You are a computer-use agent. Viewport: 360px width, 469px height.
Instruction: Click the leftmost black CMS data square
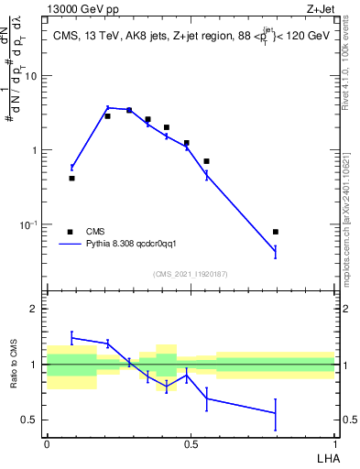pyautogui.click(x=71, y=178)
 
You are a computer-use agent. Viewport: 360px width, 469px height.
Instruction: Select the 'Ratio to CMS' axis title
pyautogui.click(x=15, y=365)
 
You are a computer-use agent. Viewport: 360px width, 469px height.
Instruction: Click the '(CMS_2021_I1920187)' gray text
pyautogui.click(x=191, y=274)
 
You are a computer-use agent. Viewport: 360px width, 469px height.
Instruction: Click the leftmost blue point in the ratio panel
pyautogui.click(x=71, y=337)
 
